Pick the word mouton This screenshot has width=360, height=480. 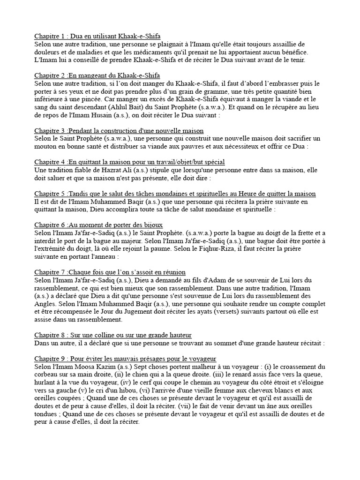coord(47,146)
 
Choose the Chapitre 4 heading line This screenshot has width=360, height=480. coord(129,162)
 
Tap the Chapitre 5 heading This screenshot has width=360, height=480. coord(175,194)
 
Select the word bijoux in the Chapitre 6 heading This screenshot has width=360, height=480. coord(152,225)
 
